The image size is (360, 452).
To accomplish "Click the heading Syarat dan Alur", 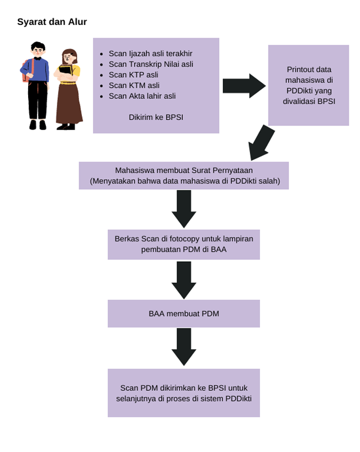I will (x=52, y=22).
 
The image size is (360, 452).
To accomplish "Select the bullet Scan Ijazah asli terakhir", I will (x=150, y=53).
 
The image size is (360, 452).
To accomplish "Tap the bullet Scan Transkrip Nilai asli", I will (x=150, y=64).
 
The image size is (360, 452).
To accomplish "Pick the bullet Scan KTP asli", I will (x=133, y=74).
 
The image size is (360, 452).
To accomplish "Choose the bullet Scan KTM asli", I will (x=134, y=85).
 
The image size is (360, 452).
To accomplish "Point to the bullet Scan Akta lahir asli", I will (x=142, y=96).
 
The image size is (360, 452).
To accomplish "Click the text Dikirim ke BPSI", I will (x=156, y=117).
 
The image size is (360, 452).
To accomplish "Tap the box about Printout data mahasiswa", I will (x=308, y=85).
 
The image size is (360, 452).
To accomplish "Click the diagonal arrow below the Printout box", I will (x=262, y=143).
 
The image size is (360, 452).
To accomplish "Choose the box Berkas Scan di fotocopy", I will (x=183, y=244).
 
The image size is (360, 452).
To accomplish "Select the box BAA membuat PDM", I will (x=183, y=313).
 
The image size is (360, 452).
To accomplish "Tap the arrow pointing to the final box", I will (x=184, y=346).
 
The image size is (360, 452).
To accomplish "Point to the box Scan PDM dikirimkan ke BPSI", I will (x=183, y=392).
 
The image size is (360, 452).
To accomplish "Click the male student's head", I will (x=38, y=50).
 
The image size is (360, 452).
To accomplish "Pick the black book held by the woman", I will (x=65, y=71).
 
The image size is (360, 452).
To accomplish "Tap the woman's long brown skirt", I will (x=69, y=104).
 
